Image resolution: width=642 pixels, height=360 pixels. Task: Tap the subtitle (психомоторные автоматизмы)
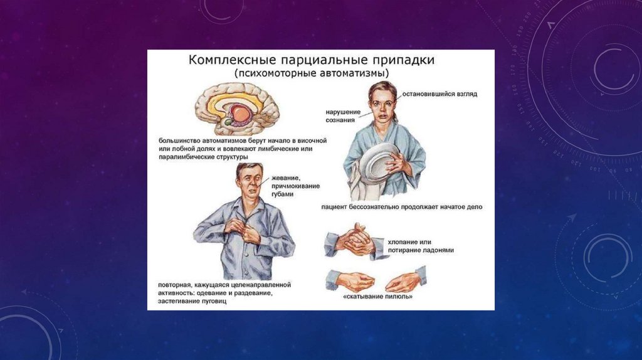[312, 74]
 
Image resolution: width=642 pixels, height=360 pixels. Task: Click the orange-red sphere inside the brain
[240, 113]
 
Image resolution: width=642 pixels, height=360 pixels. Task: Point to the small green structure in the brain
[228, 122]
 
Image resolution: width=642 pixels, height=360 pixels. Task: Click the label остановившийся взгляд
[439, 94]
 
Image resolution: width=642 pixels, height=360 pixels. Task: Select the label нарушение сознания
[343, 116]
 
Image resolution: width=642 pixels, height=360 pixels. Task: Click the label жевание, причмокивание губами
[295, 186]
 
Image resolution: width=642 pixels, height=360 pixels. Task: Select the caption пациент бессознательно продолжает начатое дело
[402, 207]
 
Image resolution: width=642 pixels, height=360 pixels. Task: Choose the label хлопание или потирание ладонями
[421, 246]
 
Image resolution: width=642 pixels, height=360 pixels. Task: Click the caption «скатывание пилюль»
[377, 297]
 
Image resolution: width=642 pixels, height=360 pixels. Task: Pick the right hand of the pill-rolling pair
[406, 280]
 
